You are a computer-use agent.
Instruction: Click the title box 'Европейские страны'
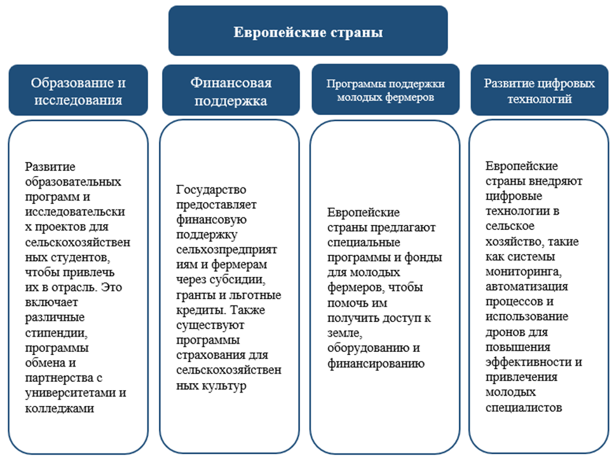[x=308, y=32]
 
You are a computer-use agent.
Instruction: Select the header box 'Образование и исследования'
[x=78, y=91]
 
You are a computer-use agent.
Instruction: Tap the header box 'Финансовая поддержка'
[x=231, y=91]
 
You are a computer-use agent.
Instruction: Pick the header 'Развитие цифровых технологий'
[x=539, y=90]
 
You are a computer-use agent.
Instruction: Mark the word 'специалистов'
[x=523, y=407]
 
